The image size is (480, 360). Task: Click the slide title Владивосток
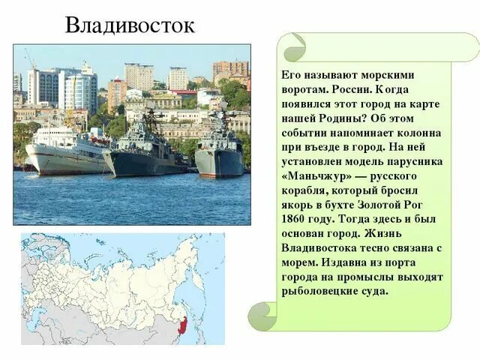pos(129,25)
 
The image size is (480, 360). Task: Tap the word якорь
pos(299,205)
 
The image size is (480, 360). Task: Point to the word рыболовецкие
pos(320,291)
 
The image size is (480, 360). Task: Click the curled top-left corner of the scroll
pos(292,46)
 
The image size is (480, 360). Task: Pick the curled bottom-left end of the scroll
pos(263,314)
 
